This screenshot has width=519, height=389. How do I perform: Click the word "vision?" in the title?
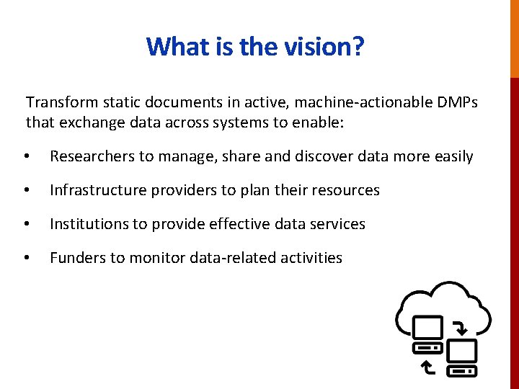[x=326, y=47]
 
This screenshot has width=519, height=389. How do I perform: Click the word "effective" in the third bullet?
[x=237, y=224]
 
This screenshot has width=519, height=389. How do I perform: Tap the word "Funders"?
[x=77, y=258]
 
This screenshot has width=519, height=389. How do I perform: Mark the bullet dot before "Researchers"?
[x=27, y=157]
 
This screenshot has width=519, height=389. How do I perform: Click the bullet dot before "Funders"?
[x=27, y=259]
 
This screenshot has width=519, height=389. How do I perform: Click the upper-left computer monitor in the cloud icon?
[x=427, y=328]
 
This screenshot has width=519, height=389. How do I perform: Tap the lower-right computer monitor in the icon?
[x=462, y=352]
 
